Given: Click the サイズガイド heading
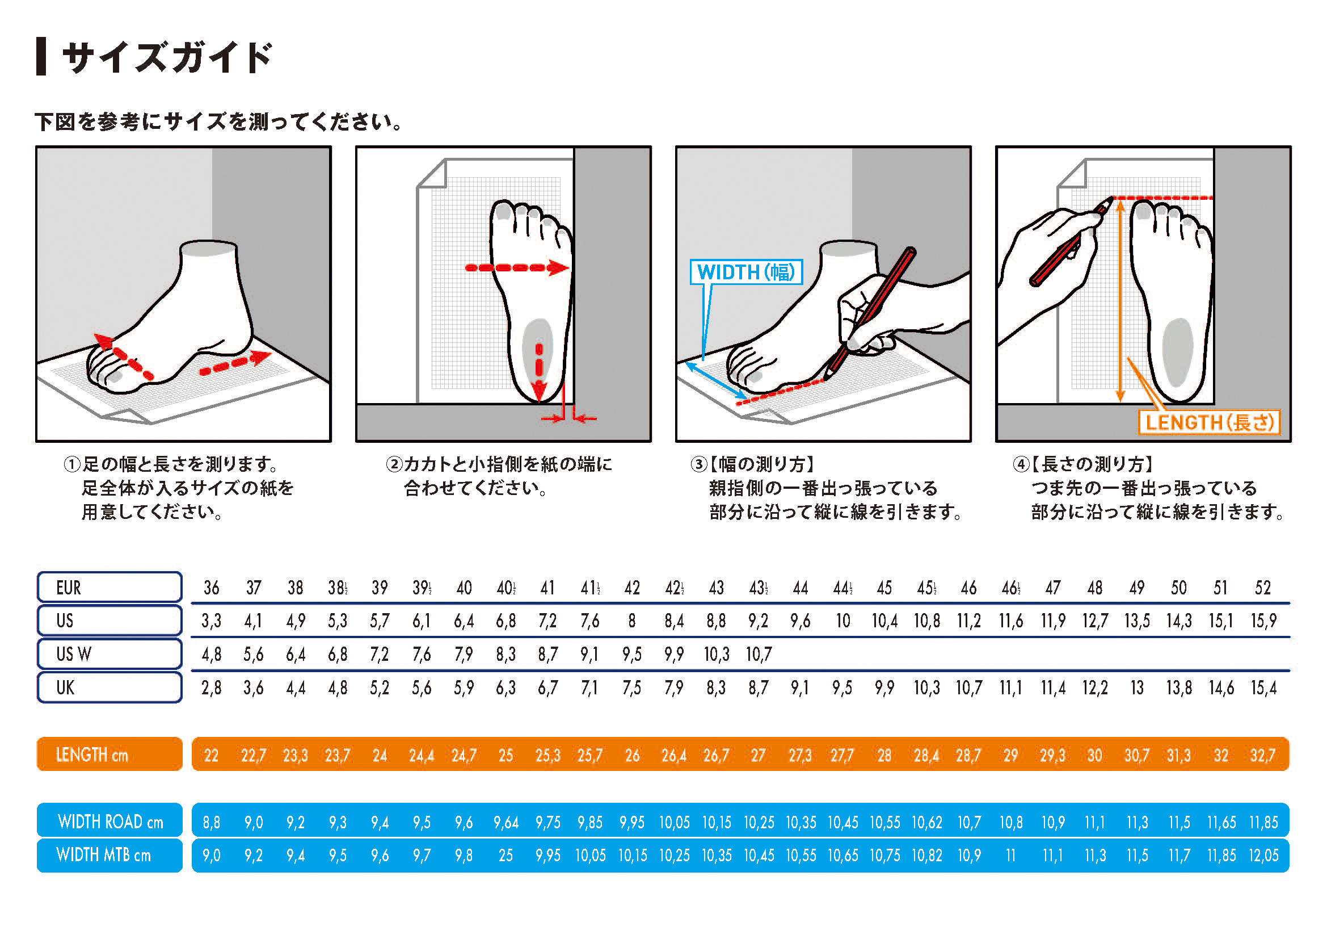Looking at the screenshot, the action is pos(166,57).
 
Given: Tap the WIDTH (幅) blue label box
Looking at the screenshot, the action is pos(746,272).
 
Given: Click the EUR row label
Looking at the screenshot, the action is pos(110,588).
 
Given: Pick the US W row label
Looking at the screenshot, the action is pos(110,654).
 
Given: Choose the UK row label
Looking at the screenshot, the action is pos(110,688).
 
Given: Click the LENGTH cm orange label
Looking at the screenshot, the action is pos(110,754).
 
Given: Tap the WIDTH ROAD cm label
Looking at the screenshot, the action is pos(110,820).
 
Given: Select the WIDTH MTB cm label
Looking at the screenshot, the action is pos(110,854).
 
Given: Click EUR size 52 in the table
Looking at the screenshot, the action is pos(1262,588).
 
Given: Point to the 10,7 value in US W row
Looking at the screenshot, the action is pos(759,655).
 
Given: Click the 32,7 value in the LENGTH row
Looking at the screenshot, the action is pos(1262,755).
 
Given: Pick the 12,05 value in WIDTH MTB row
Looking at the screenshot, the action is pos(1263,855).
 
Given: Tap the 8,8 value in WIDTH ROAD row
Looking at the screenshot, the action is pos(211,822).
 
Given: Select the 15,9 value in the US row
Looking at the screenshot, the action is pos(1263,621).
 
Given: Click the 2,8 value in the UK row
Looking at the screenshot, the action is pos(211,688).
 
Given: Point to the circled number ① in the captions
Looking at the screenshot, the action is pos(71,464).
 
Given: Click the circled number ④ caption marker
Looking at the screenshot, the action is pos(1021,464).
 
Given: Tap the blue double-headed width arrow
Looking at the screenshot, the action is pos(715,380).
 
